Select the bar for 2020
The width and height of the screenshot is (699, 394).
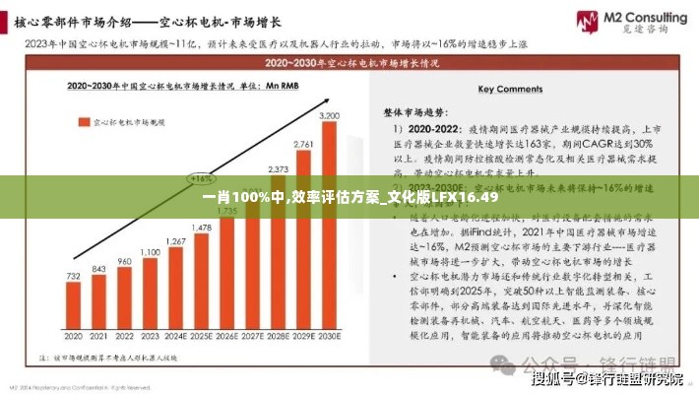tap(73, 308)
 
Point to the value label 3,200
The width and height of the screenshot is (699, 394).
tap(330, 116)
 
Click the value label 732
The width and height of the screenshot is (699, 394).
tap(73, 277)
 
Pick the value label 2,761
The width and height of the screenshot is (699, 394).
tap(304, 144)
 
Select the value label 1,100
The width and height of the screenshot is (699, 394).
tap(150, 252)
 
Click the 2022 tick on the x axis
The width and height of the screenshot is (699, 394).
tap(124, 336)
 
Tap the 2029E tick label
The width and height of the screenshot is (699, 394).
tap(304, 336)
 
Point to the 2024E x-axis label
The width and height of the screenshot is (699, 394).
tap(175, 336)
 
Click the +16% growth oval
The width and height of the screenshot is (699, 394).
tap(202, 179)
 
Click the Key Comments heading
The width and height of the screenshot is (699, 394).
tap(511, 89)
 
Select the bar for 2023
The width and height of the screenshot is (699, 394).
tap(150, 295)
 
